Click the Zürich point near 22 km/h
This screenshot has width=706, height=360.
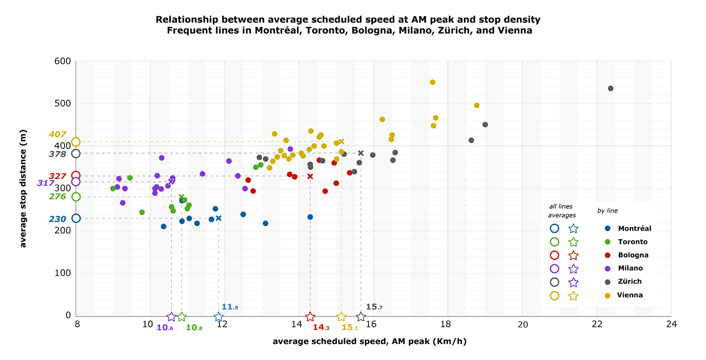611,89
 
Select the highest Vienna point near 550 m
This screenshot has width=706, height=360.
432,82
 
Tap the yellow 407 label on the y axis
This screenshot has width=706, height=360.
57,135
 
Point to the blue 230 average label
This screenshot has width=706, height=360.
57,219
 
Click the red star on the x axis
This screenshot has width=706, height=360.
310,317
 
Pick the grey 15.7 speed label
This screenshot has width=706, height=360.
375,307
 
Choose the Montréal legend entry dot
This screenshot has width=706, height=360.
607,229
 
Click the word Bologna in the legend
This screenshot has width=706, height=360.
633,255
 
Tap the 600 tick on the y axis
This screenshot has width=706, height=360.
62,61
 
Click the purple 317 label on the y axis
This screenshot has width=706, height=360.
46,183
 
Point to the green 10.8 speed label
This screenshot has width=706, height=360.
195,328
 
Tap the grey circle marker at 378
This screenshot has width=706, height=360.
76,154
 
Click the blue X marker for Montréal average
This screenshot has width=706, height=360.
218,218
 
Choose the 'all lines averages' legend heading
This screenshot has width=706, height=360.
563,211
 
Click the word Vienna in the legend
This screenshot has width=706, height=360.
630,295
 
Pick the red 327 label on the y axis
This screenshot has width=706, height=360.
57,176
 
